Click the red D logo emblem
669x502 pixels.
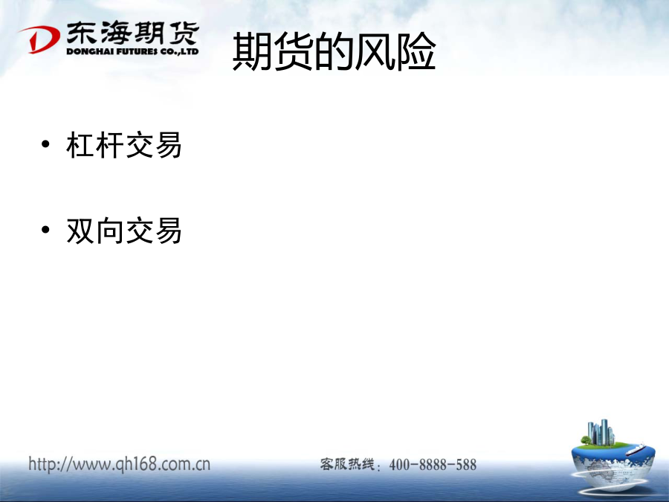[39, 39]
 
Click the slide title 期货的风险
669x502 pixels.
[334, 51]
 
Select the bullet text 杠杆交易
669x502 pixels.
[124, 145]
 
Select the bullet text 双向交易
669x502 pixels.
[124, 231]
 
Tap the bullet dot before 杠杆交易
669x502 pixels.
[45, 144]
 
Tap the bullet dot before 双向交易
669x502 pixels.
[45, 230]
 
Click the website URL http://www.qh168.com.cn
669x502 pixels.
[120, 464]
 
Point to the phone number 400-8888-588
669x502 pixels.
[433, 464]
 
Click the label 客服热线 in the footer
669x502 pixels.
[347, 464]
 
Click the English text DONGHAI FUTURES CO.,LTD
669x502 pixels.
[133, 51]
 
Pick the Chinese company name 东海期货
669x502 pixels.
[133, 33]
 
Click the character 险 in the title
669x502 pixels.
[416, 51]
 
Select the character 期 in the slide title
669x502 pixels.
[252, 51]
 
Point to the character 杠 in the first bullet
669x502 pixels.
[80, 145]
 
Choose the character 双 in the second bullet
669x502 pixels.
[80, 231]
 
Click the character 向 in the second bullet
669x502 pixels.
[110, 231]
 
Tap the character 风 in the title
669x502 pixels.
[375, 51]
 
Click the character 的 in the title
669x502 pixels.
[334, 51]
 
